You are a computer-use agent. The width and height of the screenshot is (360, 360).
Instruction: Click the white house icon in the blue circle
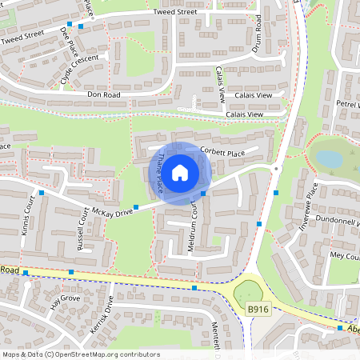(x=180, y=172)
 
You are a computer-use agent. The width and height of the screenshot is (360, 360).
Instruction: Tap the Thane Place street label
(x=160, y=174)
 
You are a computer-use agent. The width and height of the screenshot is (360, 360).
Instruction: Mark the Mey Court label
(x=345, y=255)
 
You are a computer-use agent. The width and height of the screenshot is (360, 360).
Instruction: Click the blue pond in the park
(x=330, y=156)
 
